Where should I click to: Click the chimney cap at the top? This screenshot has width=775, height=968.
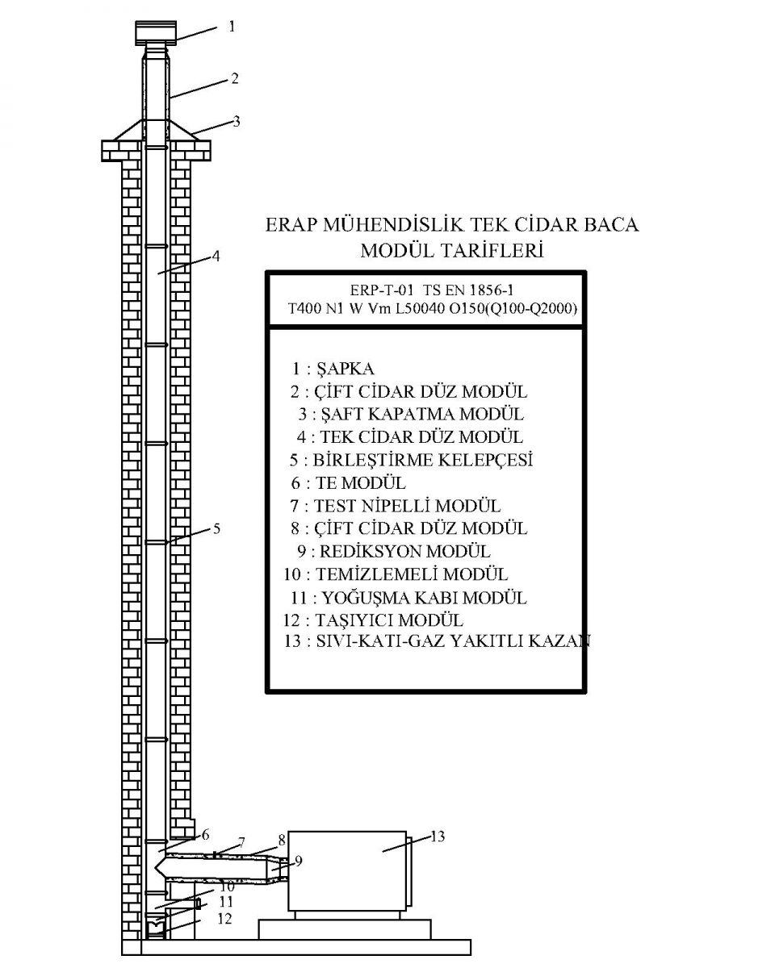click(x=156, y=33)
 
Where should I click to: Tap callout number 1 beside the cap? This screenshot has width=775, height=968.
click(x=232, y=27)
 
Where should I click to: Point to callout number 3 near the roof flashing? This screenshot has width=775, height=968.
click(x=236, y=121)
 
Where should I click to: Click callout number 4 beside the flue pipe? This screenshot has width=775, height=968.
click(x=216, y=256)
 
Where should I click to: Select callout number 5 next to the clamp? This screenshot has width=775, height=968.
click(x=216, y=528)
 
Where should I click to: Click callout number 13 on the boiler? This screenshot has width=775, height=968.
click(x=438, y=837)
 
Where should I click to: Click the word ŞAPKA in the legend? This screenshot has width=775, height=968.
click(x=346, y=369)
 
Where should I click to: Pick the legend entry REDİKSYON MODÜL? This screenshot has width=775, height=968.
click(x=404, y=552)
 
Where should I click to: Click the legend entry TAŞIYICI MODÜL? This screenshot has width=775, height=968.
click(x=389, y=620)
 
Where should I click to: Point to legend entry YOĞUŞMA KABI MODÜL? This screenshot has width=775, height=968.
click(x=425, y=598)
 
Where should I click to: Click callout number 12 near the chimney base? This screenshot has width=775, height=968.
click(x=224, y=919)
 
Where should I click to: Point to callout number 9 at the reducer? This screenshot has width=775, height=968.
click(x=299, y=861)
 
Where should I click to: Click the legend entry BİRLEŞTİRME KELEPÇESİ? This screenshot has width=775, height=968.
click(x=423, y=460)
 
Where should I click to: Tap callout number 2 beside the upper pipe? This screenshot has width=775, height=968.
click(x=235, y=78)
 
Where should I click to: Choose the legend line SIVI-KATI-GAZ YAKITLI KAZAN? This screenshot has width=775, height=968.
click(x=453, y=641)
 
